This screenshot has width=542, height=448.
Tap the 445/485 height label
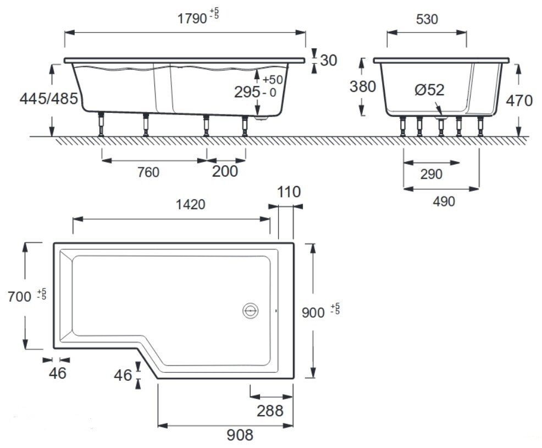(x=49, y=99)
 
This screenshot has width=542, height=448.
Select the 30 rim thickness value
(x=328, y=60)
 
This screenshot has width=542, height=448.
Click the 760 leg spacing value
(x=148, y=172)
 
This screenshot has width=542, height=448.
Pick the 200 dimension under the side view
(x=225, y=172)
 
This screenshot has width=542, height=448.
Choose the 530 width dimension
(x=427, y=19)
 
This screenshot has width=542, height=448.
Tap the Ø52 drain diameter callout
(x=429, y=90)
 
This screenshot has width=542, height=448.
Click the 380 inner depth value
(x=362, y=86)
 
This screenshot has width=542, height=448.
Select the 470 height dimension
(x=520, y=101)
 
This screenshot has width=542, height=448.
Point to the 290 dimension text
(x=431, y=174)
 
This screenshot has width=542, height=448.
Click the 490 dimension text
(x=444, y=201)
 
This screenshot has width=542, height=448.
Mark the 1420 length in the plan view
(x=190, y=205)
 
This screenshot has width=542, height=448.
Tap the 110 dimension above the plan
(x=289, y=192)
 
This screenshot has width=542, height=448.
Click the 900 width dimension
(x=314, y=312)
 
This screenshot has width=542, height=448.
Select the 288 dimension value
(x=270, y=410)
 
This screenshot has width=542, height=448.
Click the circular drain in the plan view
(x=250, y=311)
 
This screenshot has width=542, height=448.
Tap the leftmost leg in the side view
(x=101, y=124)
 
